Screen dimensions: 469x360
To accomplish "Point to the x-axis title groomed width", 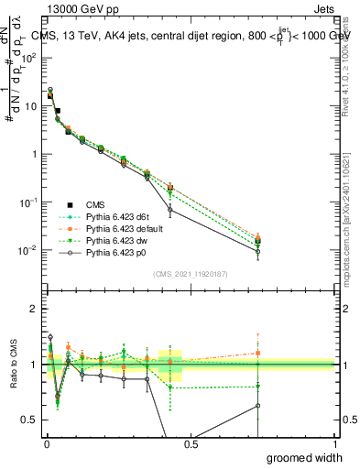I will (x=305, y=456).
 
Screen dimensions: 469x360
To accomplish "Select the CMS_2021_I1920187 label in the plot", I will (x=190, y=273).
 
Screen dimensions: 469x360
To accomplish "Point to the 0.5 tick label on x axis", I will (x=191, y=442).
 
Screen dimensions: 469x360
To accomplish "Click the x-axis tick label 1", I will (x=334, y=442).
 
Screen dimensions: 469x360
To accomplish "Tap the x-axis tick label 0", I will (x=47, y=442).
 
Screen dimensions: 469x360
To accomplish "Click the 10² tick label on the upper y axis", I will (x=31, y=57).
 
